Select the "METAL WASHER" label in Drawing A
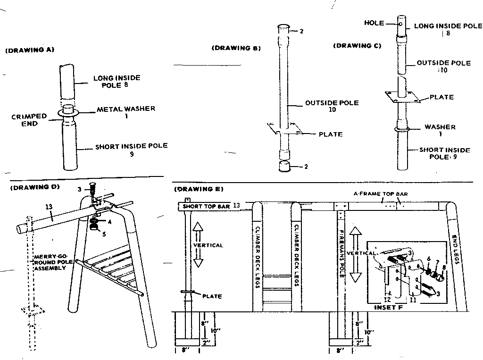coord(126,109)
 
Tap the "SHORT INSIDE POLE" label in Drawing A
coord(131,146)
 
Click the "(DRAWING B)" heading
coord(237,48)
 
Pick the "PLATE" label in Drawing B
coord(331,134)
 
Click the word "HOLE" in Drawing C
coord(374,23)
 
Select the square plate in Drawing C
coord(401,97)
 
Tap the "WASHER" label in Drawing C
coord(440,127)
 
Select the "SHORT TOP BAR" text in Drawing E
coord(205,207)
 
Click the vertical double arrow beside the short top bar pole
coord(198,245)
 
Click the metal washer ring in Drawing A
coord(69,113)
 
